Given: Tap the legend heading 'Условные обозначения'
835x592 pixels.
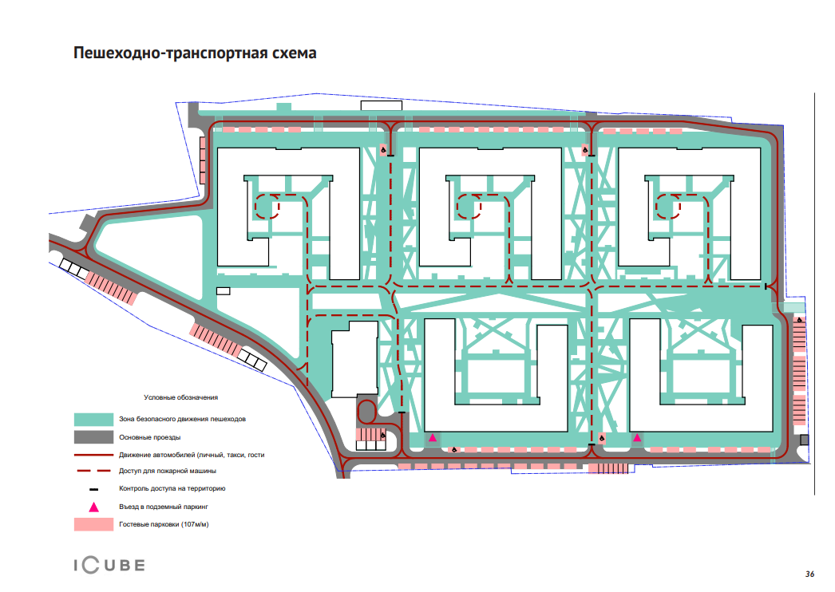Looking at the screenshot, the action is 180,397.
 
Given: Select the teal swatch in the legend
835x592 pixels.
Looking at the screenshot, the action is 93,419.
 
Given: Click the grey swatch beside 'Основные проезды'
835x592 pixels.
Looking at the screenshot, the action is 93,437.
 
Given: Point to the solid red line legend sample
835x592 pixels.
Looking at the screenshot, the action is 93,455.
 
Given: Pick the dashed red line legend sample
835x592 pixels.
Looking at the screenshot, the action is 93,471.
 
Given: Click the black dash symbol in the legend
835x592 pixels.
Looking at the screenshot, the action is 93,489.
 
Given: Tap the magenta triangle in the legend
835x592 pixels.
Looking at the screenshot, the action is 93,507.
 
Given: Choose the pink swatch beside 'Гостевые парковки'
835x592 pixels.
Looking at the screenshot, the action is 93,524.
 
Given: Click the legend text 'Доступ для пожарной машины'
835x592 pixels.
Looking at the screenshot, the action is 167,471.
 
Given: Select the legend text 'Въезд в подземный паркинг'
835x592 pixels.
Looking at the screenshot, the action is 163,507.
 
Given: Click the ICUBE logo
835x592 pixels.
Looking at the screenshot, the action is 109,565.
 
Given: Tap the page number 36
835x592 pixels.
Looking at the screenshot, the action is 809,574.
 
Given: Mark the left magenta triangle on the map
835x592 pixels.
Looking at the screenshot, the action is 433,437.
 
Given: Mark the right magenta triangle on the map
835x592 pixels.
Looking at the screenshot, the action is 637,437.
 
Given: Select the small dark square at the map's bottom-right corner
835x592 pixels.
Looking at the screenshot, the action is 804,440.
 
